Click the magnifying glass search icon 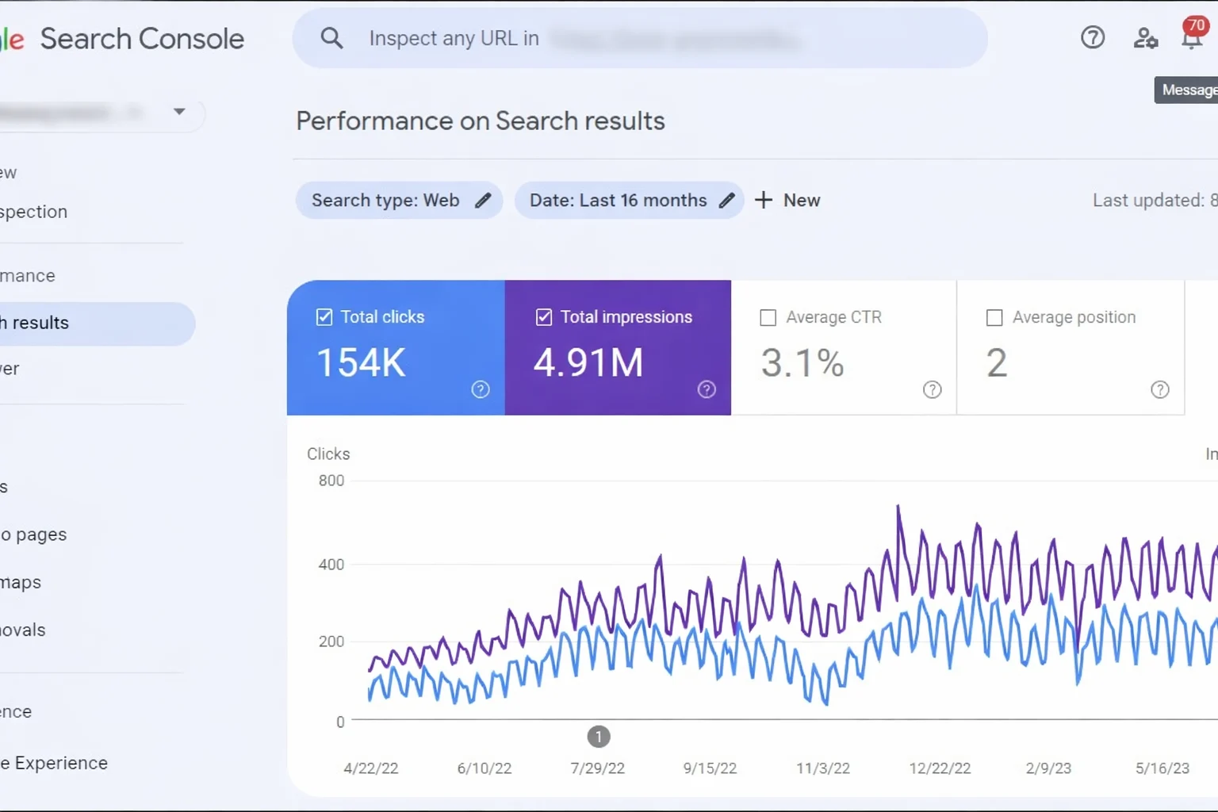331,38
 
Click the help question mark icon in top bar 1093,37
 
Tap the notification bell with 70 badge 1192,36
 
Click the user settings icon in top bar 1145,37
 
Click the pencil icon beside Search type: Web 483,201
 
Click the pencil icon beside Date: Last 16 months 726,201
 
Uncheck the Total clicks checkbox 324,317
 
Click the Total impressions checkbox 544,317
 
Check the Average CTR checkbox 768,318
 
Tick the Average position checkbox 994,318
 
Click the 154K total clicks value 362,363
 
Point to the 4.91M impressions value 588,363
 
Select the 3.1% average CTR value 802,363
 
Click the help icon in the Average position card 1159,389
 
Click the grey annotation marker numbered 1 599,737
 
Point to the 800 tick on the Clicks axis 331,481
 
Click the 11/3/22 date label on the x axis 823,768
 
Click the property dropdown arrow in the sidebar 179,112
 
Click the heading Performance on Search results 480,121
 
